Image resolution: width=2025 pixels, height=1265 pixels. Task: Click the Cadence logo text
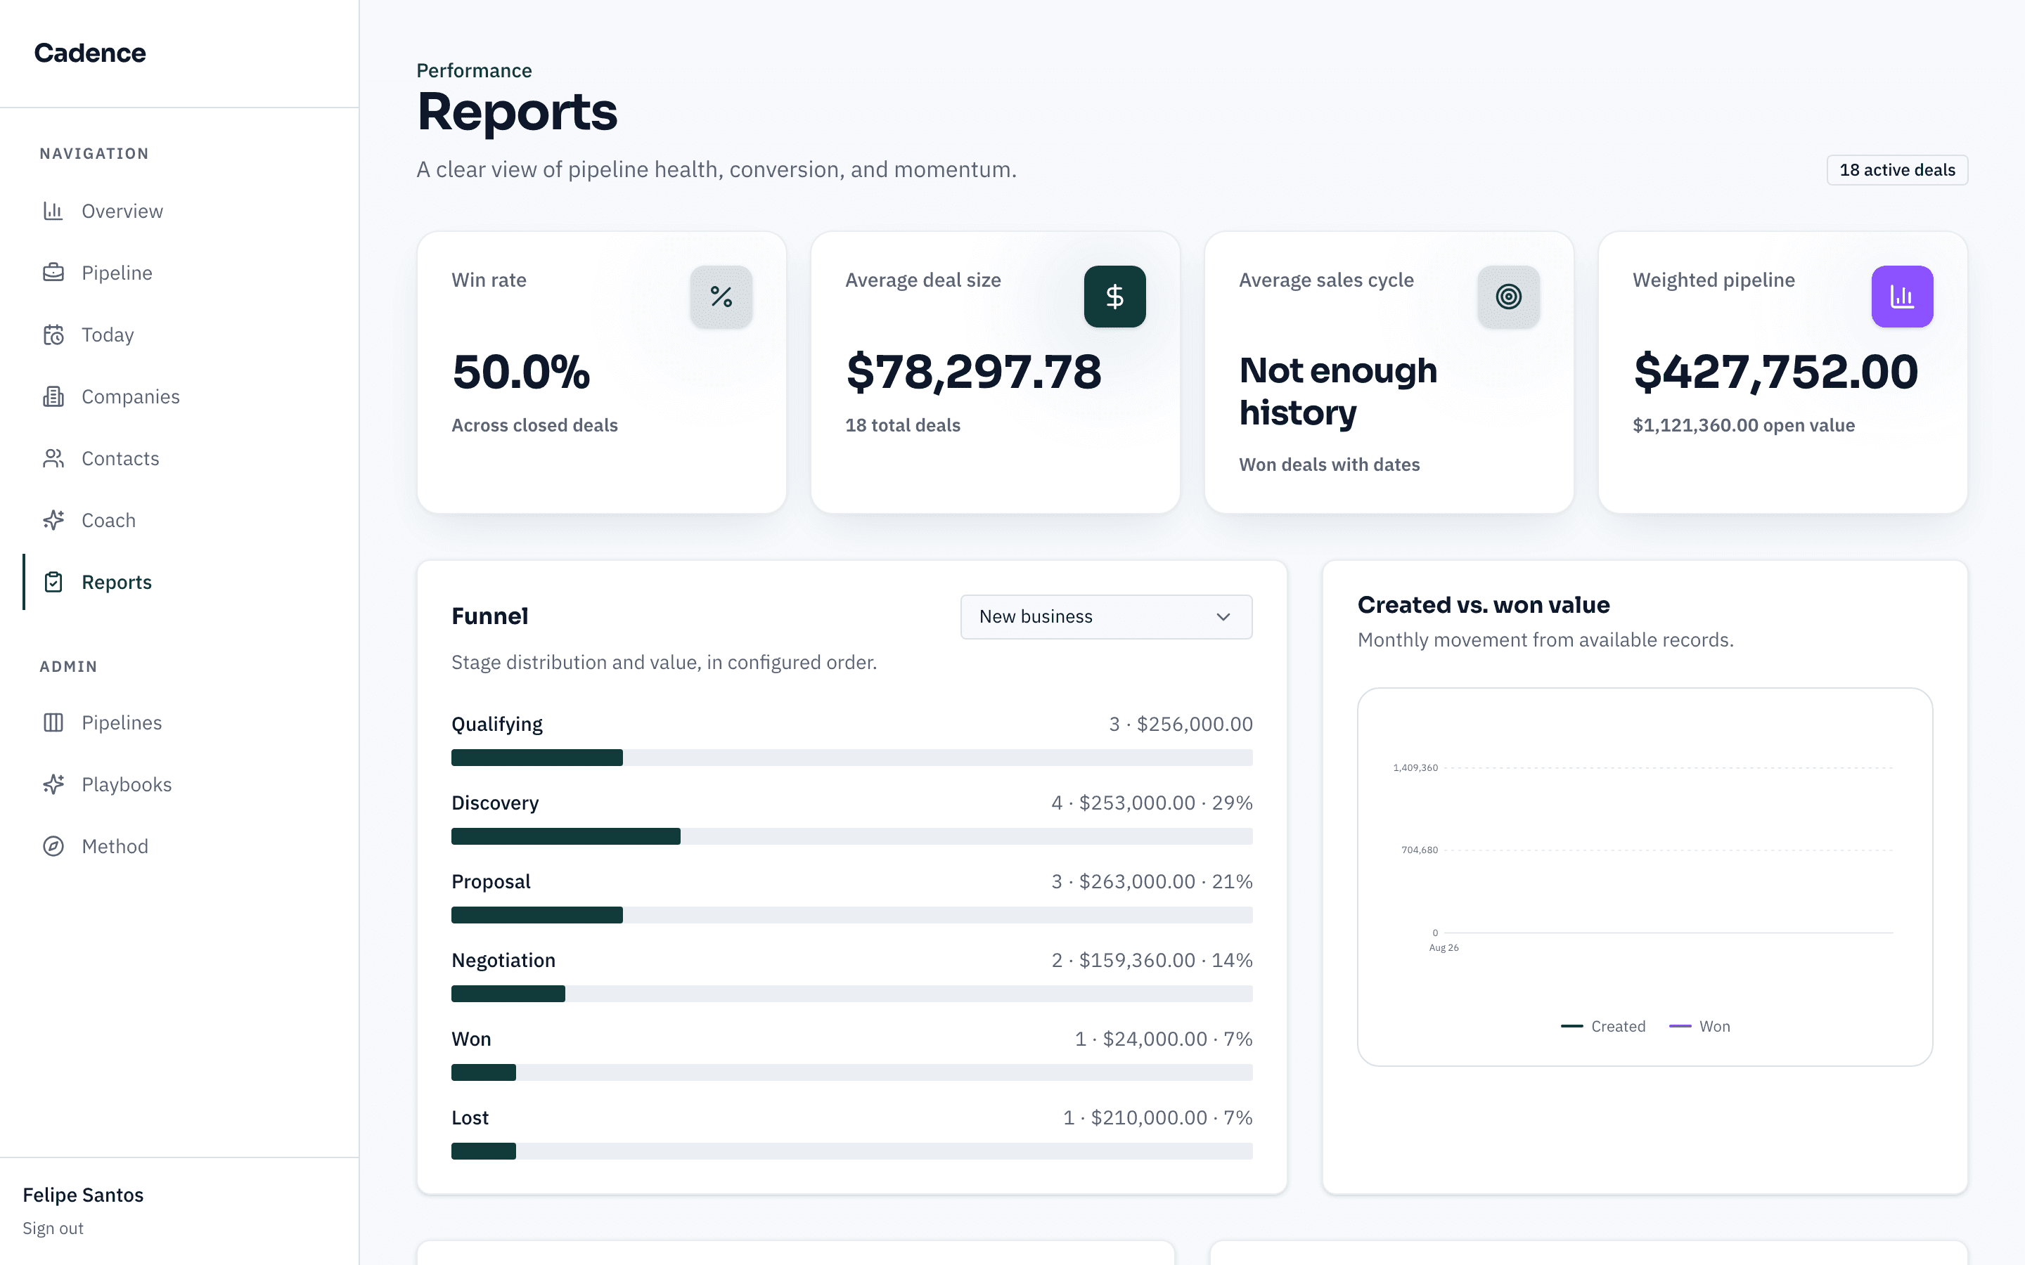tap(89, 53)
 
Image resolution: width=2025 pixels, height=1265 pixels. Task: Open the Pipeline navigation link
tap(116, 273)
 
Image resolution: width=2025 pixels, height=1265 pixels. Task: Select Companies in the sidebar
tap(129, 396)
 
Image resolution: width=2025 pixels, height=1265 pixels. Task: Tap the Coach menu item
tap(108, 520)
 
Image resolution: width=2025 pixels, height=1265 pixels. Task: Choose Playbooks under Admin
tap(127, 785)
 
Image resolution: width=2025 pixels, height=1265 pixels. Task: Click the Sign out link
tap(53, 1228)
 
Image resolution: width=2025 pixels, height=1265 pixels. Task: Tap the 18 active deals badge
tap(1897, 170)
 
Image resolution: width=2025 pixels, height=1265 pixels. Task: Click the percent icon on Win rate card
tap(721, 296)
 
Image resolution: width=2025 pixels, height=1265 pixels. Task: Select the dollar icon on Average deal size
tap(1114, 296)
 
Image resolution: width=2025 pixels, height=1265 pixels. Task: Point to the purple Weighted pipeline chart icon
tap(1902, 296)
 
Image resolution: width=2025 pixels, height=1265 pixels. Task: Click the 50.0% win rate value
tap(521, 372)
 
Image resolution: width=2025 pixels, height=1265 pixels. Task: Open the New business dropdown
tap(1106, 616)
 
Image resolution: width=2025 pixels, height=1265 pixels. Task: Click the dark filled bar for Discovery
tap(565, 836)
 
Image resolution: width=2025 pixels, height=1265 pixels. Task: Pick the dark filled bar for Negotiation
tap(508, 993)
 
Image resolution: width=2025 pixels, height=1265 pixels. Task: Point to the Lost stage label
tap(470, 1117)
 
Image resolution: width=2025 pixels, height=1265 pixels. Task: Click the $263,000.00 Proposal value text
tap(1137, 882)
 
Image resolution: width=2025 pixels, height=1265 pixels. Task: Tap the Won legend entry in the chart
tap(1699, 1027)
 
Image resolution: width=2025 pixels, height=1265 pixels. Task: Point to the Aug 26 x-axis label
tap(1444, 948)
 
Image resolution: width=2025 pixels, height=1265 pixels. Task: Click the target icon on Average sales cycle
tap(1509, 296)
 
